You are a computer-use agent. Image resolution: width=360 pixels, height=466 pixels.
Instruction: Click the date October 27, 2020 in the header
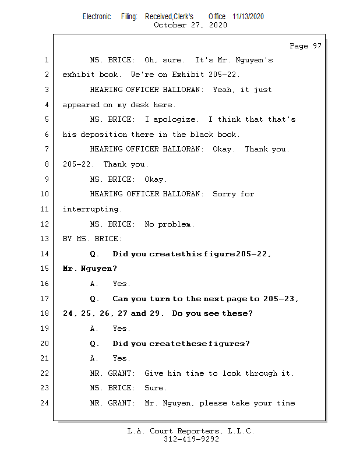[x=190, y=25]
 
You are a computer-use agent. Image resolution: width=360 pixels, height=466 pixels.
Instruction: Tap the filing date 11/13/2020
[x=248, y=17]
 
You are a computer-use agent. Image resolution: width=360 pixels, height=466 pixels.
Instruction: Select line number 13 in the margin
[x=46, y=239]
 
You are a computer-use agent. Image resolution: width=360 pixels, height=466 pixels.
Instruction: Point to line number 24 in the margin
[x=46, y=403]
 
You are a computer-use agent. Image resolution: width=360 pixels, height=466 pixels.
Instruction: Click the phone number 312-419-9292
[x=191, y=440]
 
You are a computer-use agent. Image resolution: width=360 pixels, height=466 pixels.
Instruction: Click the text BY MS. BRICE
[x=92, y=239]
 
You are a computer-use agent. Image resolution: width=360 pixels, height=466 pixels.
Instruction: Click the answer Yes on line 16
[x=121, y=284]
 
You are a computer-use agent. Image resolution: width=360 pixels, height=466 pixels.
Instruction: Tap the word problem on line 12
[x=175, y=224]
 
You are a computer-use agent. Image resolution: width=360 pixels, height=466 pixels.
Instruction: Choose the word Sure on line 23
[x=155, y=388]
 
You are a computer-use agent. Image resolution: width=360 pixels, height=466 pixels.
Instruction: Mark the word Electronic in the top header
[x=97, y=17]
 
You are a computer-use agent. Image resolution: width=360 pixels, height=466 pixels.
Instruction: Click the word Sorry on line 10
[x=224, y=194]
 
